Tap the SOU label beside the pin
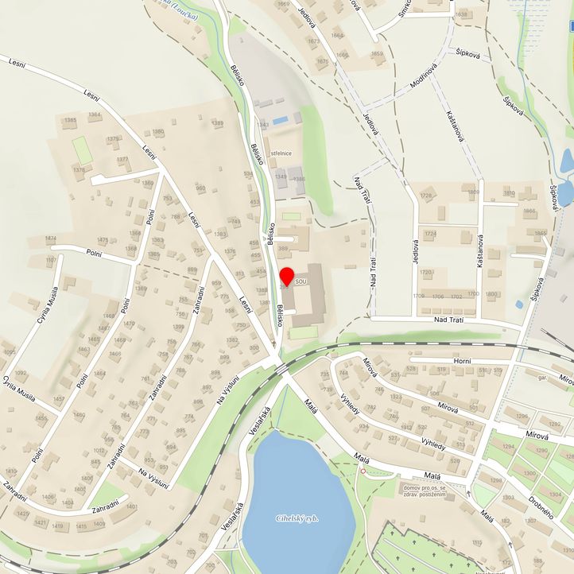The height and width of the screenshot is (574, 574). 301,282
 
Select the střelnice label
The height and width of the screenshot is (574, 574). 282,153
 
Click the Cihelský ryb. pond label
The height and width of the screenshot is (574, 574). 298,519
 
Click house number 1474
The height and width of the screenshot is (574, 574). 51,239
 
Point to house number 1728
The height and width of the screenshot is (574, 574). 427,196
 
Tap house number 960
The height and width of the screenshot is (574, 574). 200,188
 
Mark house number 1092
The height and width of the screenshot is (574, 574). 20,372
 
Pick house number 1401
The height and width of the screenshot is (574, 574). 132,506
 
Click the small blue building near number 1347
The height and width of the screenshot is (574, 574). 279,121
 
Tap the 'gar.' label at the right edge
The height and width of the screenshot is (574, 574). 542,378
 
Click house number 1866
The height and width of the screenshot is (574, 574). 530,211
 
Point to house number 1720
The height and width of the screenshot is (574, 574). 425,273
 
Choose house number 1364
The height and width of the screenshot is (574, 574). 95,115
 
